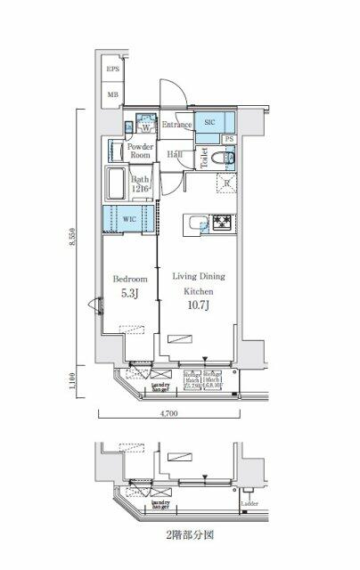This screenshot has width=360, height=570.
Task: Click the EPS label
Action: click(113, 69)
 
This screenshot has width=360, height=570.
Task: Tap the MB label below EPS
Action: click(113, 93)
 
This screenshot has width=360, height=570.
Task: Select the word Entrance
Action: click(177, 126)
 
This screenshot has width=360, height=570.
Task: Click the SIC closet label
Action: click(209, 121)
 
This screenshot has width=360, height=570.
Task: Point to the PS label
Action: click(229, 140)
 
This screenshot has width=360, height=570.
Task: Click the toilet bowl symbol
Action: click(226, 159)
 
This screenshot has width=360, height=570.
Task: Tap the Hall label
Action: click(176, 154)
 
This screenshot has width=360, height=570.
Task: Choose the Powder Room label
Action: click(141, 150)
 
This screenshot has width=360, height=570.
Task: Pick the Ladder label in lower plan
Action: click(250, 514)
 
